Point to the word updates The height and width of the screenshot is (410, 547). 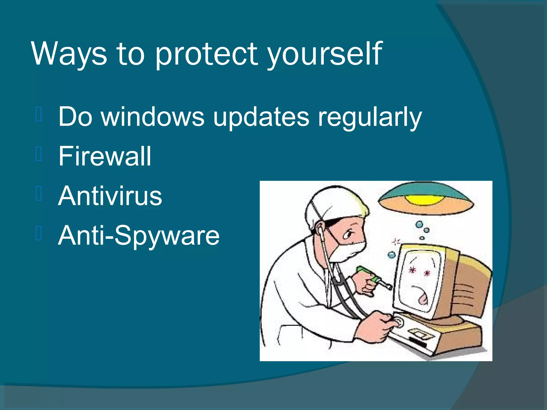261,117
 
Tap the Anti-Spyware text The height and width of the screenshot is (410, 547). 139,235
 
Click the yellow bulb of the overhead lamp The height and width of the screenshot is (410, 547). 425,199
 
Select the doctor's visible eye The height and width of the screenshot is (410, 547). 348,235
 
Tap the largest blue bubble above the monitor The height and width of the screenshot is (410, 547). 420,224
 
